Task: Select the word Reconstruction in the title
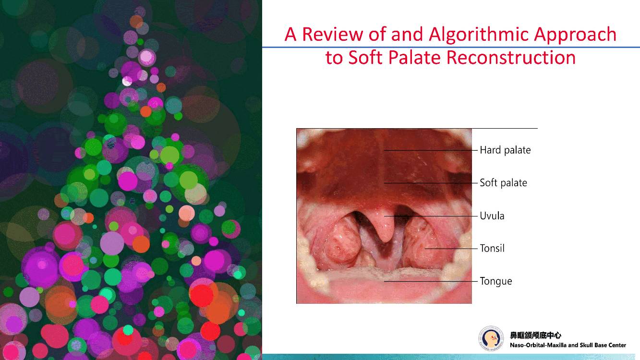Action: [510, 58]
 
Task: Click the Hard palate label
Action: [505, 150]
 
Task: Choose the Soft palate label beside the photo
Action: [503, 183]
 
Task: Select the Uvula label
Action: [492, 216]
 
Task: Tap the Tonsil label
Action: [492, 248]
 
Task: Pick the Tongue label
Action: [495, 281]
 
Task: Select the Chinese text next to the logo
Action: [536, 335]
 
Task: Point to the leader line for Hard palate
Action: [431, 150]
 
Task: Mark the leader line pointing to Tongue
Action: [431, 281]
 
